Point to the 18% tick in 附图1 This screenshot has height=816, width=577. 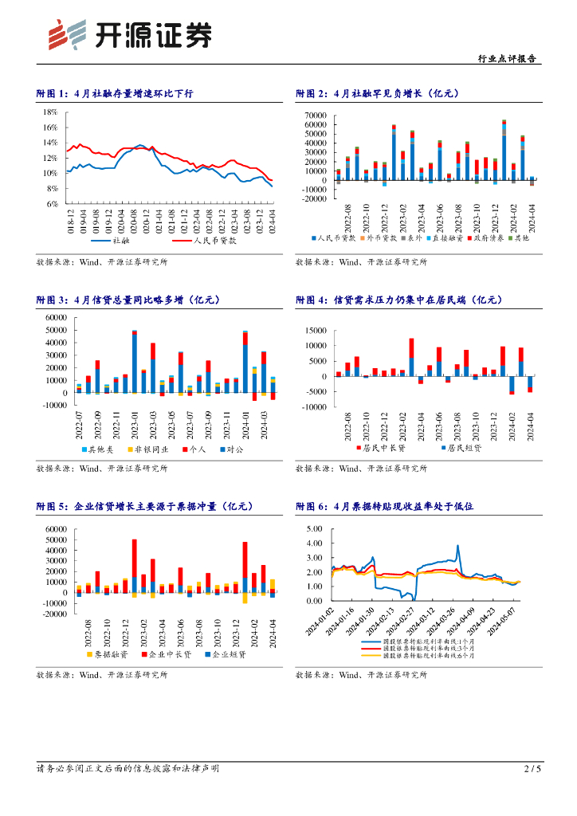(50, 112)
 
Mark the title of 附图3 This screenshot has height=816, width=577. (128, 300)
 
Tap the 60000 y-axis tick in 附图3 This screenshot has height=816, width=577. (56, 318)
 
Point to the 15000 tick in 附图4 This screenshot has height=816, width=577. (316, 331)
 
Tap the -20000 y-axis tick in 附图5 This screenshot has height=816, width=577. (55, 614)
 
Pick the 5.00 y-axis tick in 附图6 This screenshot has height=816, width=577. (313, 529)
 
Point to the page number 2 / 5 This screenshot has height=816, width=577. (532, 769)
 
